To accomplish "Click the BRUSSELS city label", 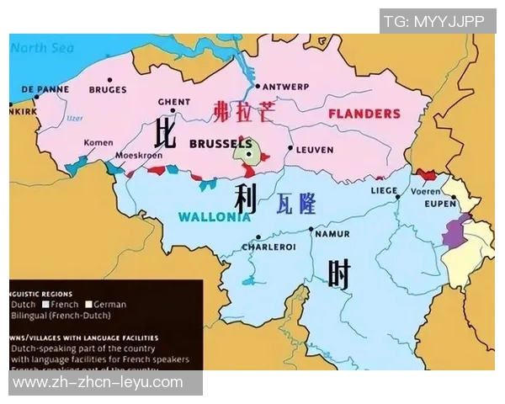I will click(x=221, y=144).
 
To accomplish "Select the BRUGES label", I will click(x=106, y=89).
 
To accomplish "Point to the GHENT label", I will click(x=174, y=103).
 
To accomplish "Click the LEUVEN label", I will click(x=315, y=150).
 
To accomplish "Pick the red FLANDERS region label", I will click(x=364, y=113).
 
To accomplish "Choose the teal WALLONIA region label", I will click(x=214, y=216).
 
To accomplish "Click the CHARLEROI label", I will click(x=268, y=247).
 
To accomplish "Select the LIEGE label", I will click(x=384, y=191).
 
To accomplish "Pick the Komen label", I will click(x=98, y=143).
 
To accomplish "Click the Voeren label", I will click(x=425, y=191).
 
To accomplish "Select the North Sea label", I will click(x=42, y=48).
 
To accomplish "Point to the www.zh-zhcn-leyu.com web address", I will click(x=98, y=382).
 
